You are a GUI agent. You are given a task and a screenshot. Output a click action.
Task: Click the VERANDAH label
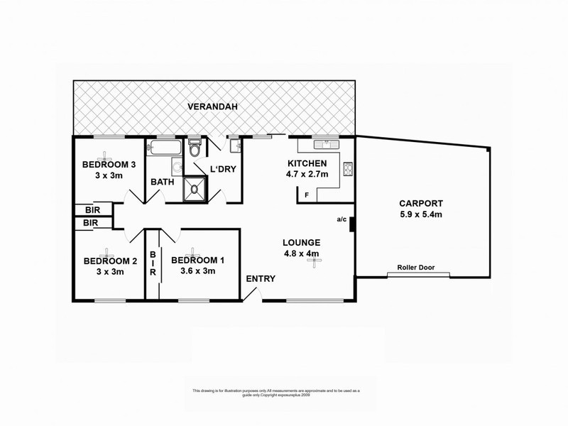tap(212, 107)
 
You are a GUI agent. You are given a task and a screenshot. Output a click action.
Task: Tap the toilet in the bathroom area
tap(195, 149)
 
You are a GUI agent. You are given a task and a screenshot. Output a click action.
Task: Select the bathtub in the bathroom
tap(165, 148)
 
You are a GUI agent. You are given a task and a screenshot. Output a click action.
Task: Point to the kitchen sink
tap(329, 145)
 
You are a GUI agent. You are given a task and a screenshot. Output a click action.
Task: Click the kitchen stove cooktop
tap(349, 169)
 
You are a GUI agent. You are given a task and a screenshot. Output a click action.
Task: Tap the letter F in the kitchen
tap(307, 195)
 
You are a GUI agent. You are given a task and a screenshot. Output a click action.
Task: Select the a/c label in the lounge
tap(342, 219)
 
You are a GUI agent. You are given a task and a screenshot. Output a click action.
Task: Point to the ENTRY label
tap(260, 278)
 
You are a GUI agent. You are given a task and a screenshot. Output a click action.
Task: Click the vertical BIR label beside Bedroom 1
tap(153, 263)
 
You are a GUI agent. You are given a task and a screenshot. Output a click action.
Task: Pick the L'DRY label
tap(222, 169)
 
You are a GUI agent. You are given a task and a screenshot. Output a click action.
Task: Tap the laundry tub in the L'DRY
tap(237, 147)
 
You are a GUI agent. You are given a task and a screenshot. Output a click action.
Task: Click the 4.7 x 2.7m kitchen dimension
tap(306, 173)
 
